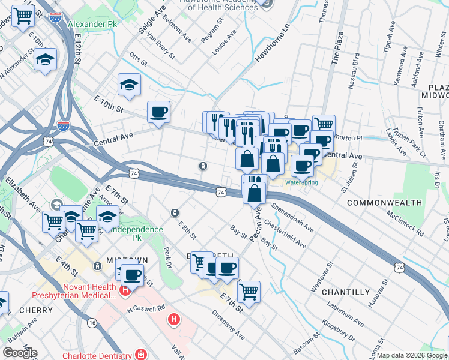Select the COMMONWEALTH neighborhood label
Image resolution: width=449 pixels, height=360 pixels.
(384, 203)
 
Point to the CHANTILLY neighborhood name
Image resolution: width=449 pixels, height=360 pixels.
(346, 292)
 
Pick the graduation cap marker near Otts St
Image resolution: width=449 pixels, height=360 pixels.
(128, 85)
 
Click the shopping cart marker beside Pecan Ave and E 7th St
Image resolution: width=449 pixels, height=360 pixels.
(249, 292)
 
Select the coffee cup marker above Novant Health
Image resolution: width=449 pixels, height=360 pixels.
(133, 275)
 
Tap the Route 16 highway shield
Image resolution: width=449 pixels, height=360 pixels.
(92, 323)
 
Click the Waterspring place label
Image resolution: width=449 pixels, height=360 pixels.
(301, 182)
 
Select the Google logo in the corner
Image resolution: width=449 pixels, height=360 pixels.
(19, 353)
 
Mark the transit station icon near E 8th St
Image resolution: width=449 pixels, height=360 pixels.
(175, 212)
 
